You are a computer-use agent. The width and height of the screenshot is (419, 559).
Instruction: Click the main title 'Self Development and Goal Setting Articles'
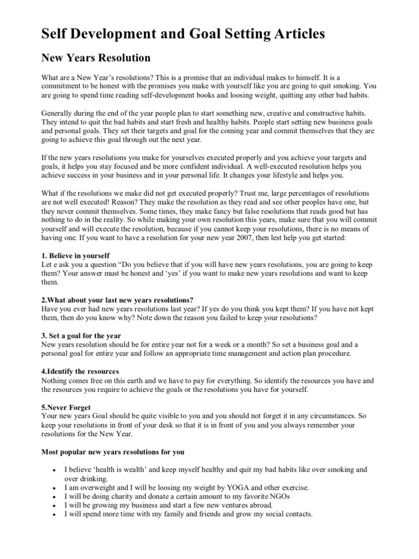point(183,34)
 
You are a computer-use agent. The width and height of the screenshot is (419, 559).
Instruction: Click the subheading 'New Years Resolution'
point(96,57)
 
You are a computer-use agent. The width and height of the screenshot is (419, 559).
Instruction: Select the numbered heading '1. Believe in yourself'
point(76,255)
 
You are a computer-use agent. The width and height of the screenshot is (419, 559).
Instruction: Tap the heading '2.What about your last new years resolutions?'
point(117,300)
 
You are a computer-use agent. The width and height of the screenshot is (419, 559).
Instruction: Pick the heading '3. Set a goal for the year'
point(81,336)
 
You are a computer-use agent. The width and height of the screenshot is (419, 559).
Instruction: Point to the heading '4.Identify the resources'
point(80,371)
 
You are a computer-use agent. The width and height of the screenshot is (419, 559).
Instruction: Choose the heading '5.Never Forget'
point(66,407)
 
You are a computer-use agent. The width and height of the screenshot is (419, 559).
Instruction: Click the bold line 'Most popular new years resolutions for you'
point(113,452)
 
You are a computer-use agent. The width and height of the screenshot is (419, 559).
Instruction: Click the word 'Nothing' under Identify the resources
point(55,380)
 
